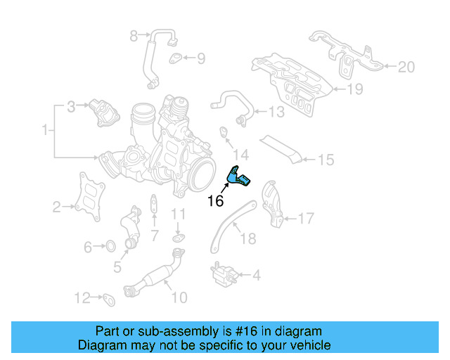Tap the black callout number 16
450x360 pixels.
tap(215, 201)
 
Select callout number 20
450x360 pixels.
tap(406, 67)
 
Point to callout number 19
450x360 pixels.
tap(355, 89)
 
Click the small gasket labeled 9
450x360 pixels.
tap(175, 58)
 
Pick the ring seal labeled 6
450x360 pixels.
tap(110, 245)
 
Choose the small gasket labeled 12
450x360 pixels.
tap(109, 300)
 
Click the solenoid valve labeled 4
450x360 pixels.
tap(224, 274)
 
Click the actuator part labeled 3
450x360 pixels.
tap(104, 112)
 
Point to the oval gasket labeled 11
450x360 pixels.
tap(179, 238)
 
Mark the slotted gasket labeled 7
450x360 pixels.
tap(154, 203)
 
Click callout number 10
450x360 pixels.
tap(179, 297)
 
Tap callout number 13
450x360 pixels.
tap(276, 112)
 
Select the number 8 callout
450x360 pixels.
tap(134, 36)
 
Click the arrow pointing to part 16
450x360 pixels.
tap(225, 188)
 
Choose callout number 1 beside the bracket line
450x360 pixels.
tap(45, 129)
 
